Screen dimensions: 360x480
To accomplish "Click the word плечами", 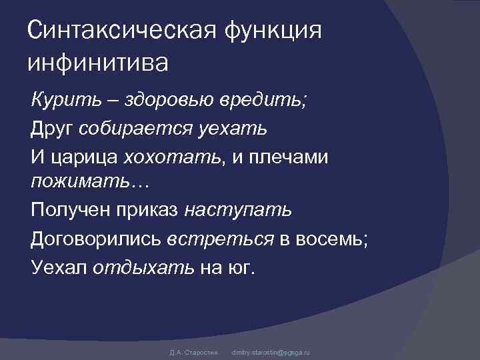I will coord(290,157).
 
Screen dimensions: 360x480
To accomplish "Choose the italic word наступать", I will coord(238,211).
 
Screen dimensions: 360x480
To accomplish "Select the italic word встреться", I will coord(219,239).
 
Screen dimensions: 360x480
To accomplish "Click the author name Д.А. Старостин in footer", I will coord(189,351).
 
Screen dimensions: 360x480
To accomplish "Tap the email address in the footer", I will coord(270,351).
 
